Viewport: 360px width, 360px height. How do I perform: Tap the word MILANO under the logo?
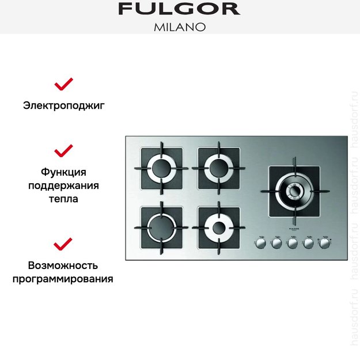tap(180, 27)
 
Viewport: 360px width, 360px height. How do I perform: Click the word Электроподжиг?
tap(64, 105)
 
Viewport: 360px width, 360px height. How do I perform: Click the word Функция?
tap(64, 172)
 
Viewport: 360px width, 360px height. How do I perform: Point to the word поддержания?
tap(64, 185)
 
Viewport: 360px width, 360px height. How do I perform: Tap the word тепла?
tap(64, 199)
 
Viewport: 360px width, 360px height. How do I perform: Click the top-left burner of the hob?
tap(161, 168)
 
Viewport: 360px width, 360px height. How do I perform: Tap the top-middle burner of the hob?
tap(219, 168)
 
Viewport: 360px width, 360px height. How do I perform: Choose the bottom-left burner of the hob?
tap(161, 227)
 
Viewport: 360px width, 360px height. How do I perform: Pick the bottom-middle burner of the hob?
tap(219, 227)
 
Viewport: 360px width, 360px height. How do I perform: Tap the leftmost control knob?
tap(261, 244)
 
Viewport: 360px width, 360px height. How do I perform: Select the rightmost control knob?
tap(325, 244)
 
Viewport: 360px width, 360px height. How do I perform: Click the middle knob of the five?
tap(293, 244)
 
